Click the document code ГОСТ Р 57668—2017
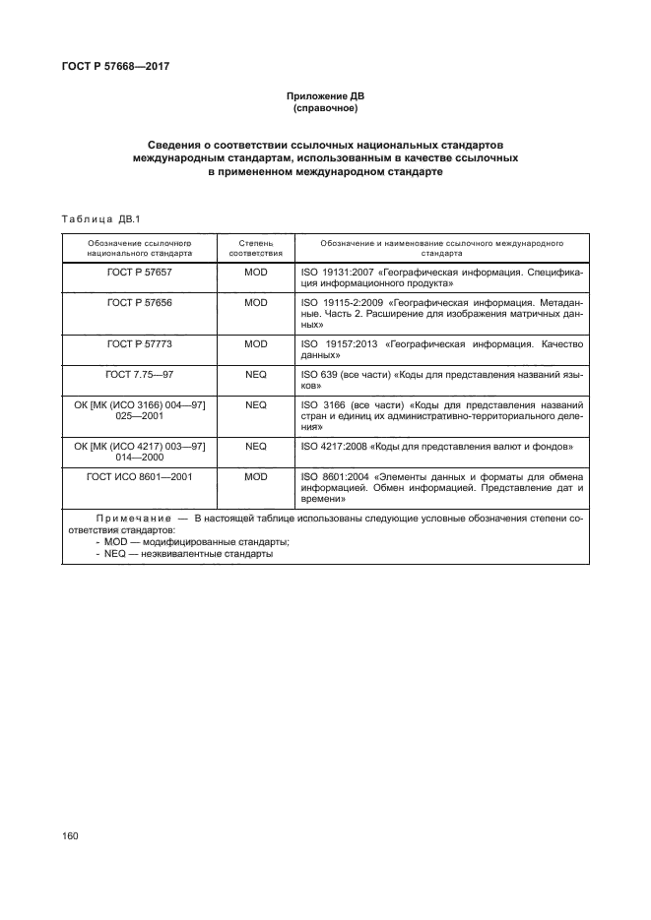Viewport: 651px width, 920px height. [x=117, y=67]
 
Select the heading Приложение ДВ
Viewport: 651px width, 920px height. [x=325, y=96]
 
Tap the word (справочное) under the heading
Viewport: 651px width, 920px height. [x=325, y=108]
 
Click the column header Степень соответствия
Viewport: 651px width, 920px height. [x=255, y=247]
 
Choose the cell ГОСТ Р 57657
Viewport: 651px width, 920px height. [x=139, y=271]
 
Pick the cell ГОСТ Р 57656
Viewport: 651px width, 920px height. [x=139, y=303]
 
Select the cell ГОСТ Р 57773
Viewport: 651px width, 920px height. [x=139, y=344]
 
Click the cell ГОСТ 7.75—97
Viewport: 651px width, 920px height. [x=139, y=375]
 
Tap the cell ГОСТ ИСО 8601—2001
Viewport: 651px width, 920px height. [x=139, y=475]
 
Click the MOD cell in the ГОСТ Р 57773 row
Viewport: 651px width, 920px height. [x=255, y=344]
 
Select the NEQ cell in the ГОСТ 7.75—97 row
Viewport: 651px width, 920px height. [x=255, y=375]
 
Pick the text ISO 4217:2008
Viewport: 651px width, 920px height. [x=332, y=446]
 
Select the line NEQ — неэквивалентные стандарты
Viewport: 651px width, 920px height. [x=188, y=553]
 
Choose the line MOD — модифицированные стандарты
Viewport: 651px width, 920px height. [x=191, y=541]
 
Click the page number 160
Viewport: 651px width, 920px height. [x=70, y=834]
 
